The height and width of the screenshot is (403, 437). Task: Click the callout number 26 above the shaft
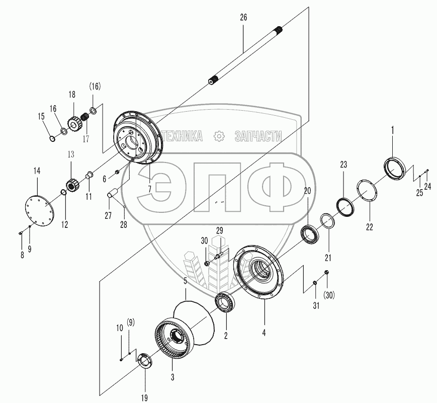pyautogui.click(x=243, y=17)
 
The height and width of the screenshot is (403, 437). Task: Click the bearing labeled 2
pyautogui.click(x=225, y=303)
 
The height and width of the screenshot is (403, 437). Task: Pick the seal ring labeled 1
pyautogui.click(x=394, y=168)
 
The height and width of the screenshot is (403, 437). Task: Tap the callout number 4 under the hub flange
pyautogui.click(x=264, y=333)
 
